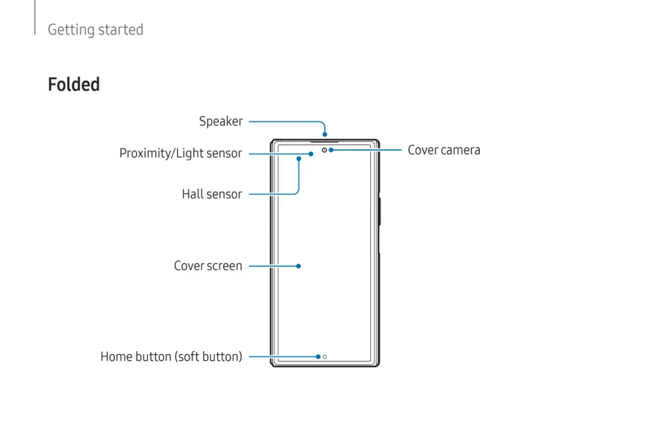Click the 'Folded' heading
point(74,85)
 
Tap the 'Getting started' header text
point(95,30)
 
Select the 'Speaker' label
point(220,121)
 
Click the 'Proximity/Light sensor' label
point(180,154)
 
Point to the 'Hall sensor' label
point(211,194)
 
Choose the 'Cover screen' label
point(208,266)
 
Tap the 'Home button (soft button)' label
point(171,357)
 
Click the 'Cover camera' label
point(443,150)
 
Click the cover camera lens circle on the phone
point(324,150)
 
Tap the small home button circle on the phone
point(325,357)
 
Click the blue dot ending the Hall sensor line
point(299,158)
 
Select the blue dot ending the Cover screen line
point(299,266)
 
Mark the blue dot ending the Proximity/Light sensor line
point(311,154)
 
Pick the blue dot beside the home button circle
point(318,357)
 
